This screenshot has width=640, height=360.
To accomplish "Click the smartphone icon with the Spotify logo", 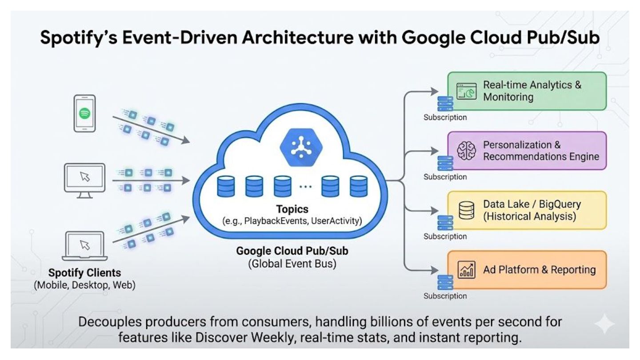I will coord(84,113).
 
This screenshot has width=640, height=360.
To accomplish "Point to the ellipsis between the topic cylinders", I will coord(305,187).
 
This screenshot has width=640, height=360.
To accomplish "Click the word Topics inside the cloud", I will coord(292,209).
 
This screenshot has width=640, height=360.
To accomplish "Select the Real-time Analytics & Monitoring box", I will coord(527,91).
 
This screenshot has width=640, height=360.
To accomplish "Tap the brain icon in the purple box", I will coord(466,151).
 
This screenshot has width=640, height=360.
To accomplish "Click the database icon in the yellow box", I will coord(466,210).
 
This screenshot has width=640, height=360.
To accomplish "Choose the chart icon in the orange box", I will coord(466,270).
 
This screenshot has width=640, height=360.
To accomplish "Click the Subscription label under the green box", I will coord(445,118).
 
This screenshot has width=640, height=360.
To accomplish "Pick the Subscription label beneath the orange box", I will coord(445,296).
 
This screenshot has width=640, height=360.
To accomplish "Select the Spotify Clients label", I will coord(84,272).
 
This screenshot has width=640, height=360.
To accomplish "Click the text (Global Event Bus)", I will coord(292,264).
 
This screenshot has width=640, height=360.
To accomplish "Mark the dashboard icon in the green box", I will coord(466,91).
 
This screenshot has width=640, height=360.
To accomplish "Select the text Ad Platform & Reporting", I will coord(539,270).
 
